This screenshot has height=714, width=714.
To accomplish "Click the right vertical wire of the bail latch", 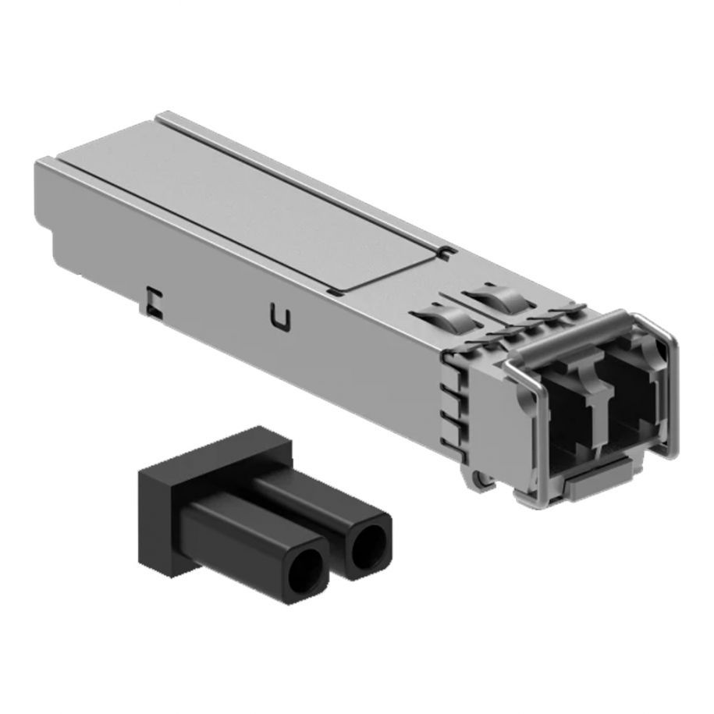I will coord(672,390).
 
